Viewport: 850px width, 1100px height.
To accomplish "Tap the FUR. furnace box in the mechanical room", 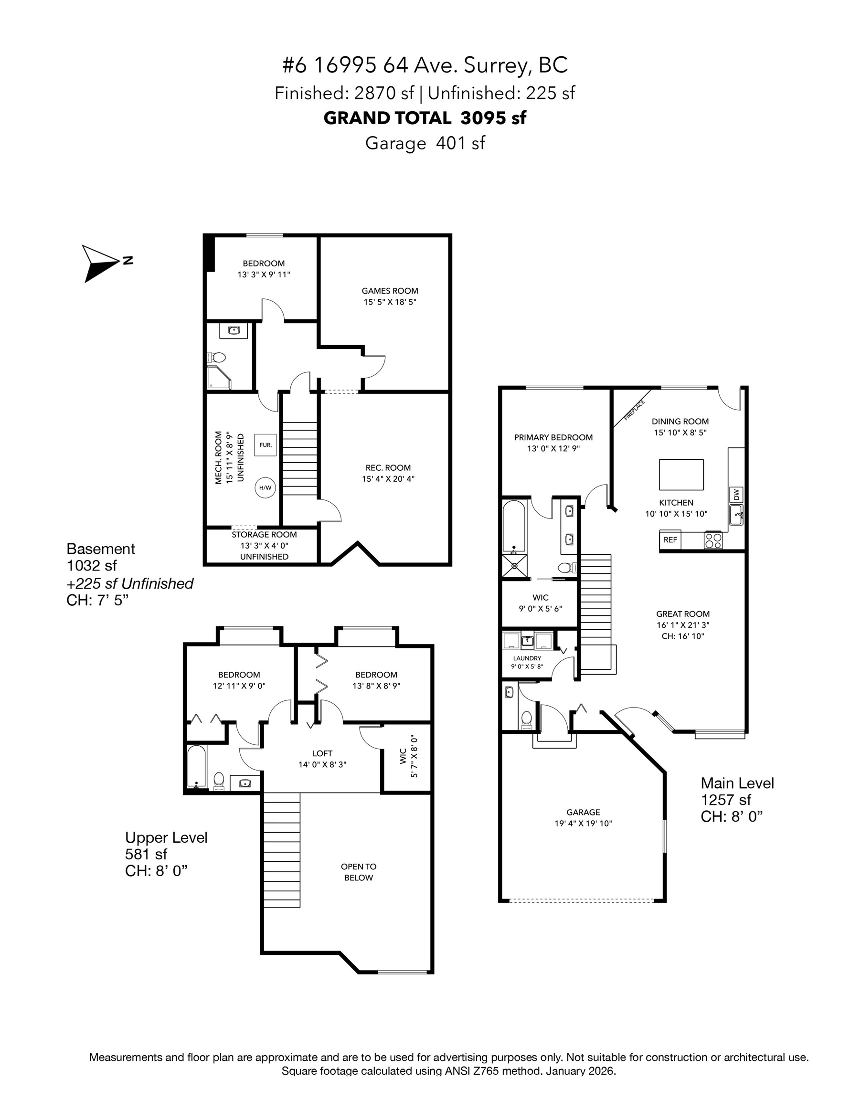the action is coord(266,445).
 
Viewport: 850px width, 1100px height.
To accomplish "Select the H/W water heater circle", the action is coord(265,487).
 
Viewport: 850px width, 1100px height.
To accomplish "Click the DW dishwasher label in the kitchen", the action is coord(736,495).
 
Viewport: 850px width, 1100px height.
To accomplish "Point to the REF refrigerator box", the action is coord(670,540).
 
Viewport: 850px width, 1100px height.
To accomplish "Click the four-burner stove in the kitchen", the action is coord(713,540).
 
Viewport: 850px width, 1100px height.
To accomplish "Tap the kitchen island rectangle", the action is coord(681,475).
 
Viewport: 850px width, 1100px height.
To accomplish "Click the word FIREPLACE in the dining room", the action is coord(634,410).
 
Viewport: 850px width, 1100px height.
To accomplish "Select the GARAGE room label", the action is coord(583,812).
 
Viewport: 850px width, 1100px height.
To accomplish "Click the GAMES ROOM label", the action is coord(390,291).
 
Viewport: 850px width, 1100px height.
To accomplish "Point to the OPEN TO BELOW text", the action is coord(358,872).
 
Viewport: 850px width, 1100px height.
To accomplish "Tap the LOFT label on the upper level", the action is coord(322,753).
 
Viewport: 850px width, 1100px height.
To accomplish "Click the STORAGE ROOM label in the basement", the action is coord(264,534).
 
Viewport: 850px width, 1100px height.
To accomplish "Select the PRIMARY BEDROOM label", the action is coord(553,437).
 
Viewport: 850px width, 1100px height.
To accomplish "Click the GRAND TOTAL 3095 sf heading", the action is coord(425,118).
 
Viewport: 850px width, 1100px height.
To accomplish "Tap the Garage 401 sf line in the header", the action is coord(425,143).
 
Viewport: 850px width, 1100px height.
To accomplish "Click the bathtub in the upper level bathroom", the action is coord(196,766).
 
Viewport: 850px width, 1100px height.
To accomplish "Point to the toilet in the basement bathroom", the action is coord(217,357).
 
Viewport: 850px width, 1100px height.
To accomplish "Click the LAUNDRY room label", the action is coord(527,658).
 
